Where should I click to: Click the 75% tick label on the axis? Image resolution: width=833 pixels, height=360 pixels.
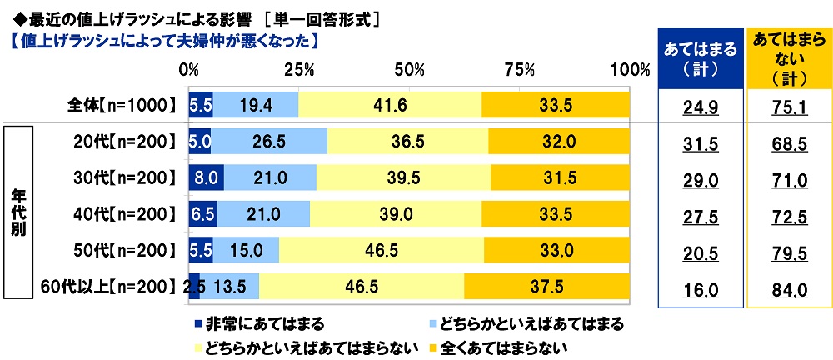(x=519, y=68)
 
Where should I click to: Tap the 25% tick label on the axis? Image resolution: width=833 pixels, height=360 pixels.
(x=298, y=68)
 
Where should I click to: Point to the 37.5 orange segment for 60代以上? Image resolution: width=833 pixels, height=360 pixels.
(x=546, y=286)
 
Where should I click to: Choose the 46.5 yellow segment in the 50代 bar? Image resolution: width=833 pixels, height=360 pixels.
(x=382, y=249)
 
